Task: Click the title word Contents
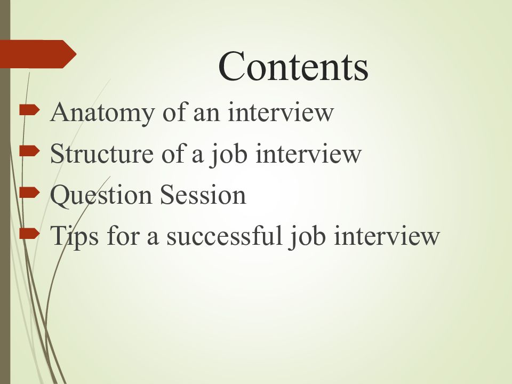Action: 293,66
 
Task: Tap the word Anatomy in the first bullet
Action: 102,113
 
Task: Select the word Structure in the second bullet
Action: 102,154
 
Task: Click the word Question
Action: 101,196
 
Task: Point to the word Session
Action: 203,195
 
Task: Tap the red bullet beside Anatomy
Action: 29,110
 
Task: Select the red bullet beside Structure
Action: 29,151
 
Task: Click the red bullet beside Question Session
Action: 29,193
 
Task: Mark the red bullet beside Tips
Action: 29,234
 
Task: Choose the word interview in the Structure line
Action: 309,153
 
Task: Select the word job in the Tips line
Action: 307,237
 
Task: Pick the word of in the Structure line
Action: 172,153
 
